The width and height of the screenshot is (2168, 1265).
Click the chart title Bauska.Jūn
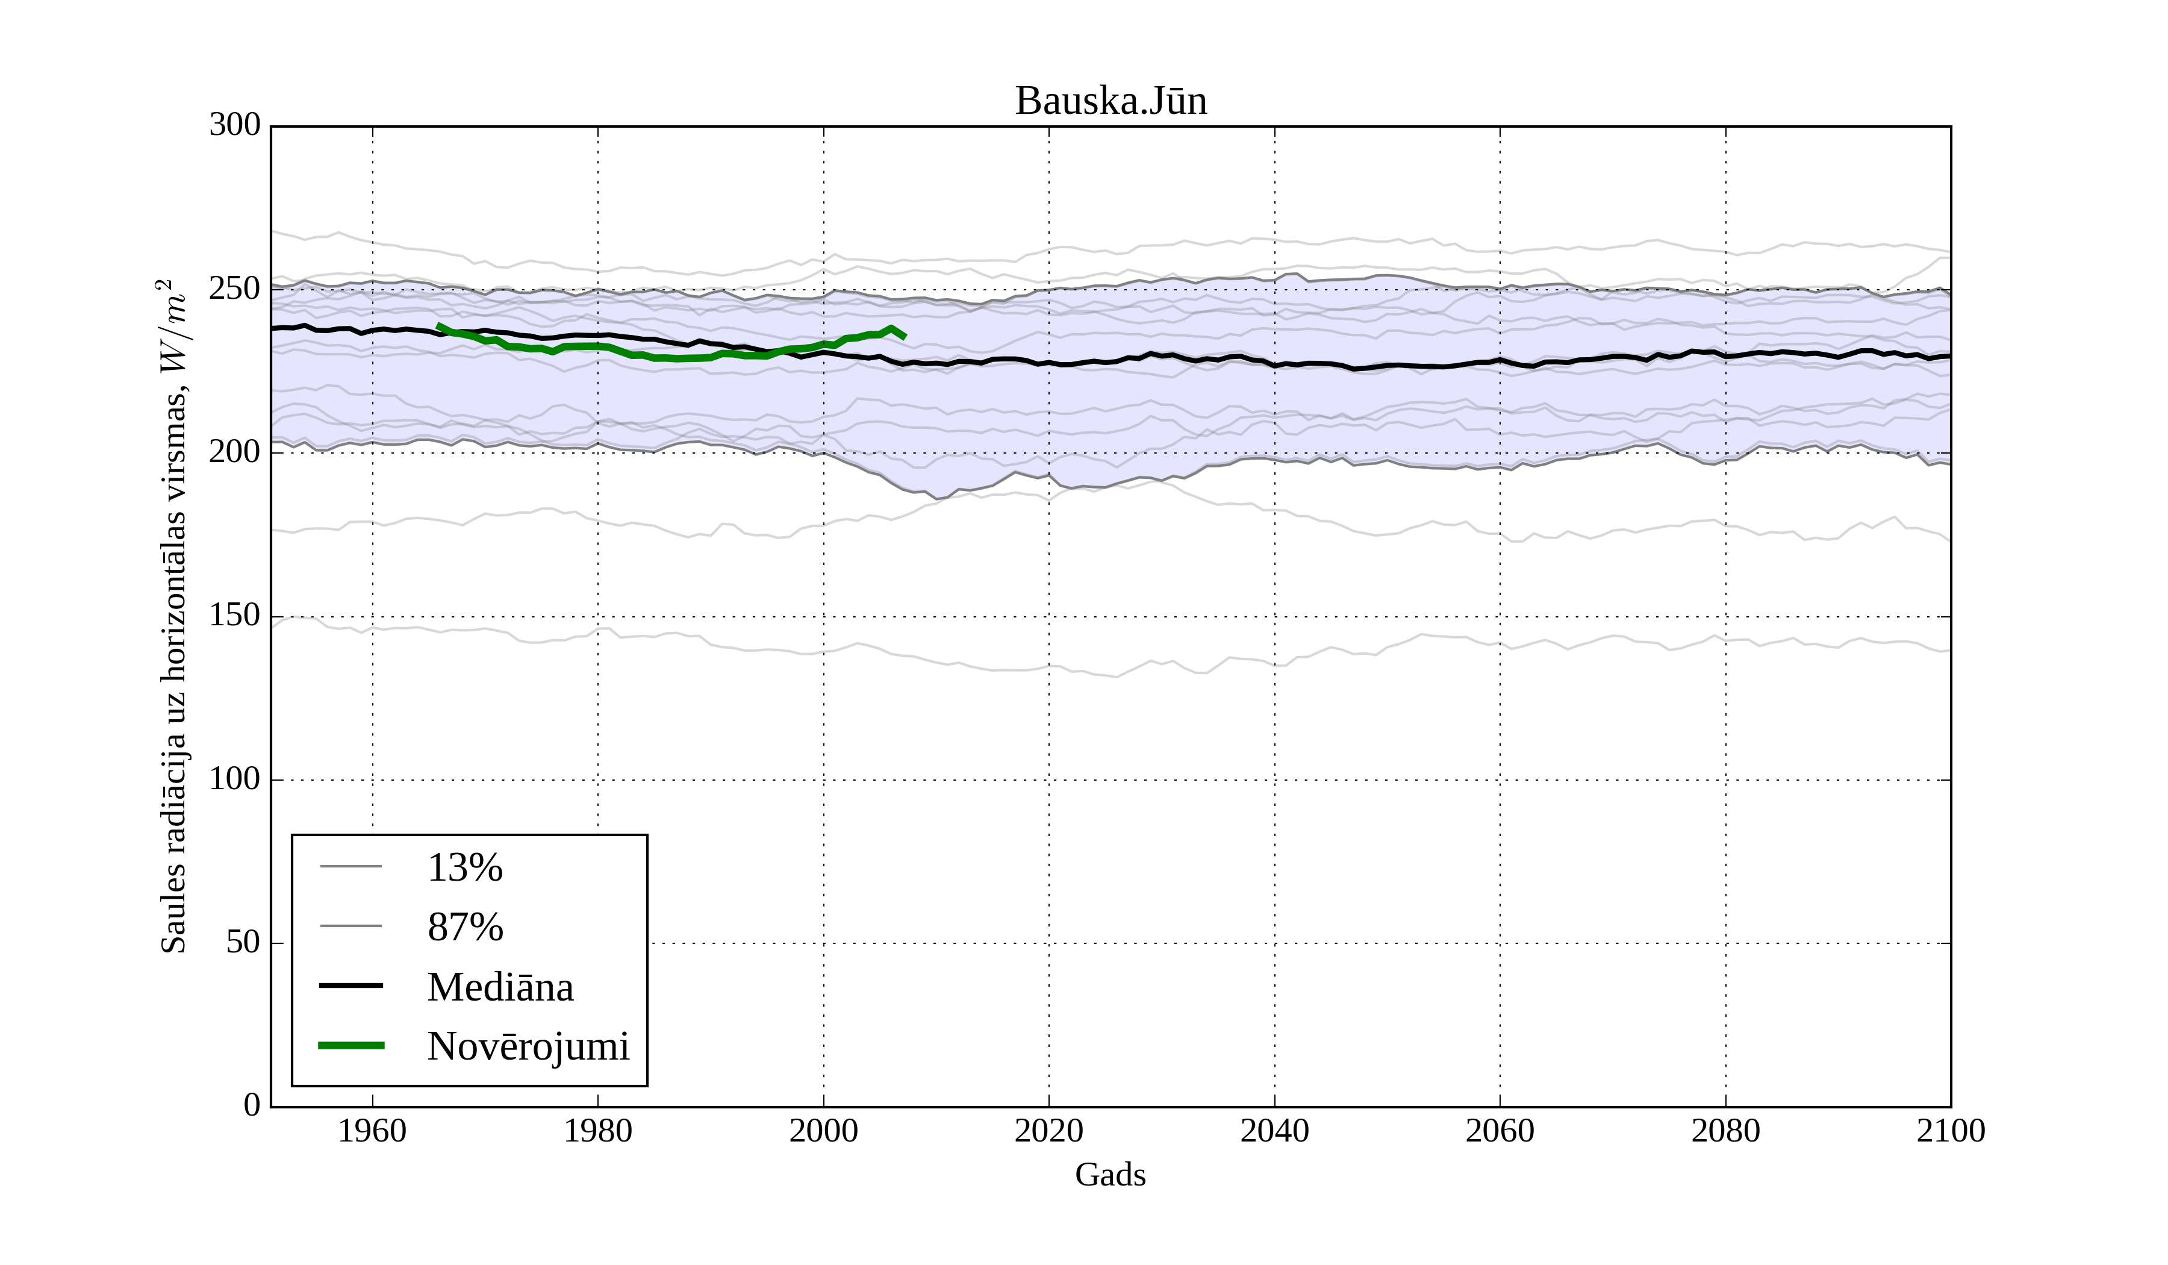point(1110,102)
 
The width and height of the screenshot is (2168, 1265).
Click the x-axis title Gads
point(1110,1175)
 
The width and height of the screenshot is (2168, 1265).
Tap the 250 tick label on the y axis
point(235,289)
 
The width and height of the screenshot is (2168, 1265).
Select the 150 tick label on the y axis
point(235,616)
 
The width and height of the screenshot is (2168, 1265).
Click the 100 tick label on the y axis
point(235,779)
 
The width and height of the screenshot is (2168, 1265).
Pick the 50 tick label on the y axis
point(243,943)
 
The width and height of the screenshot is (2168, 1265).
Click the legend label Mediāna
point(500,988)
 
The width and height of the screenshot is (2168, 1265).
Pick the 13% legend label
point(464,868)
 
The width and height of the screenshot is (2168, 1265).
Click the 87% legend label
point(464,928)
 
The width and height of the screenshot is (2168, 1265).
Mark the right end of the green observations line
point(904,337)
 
